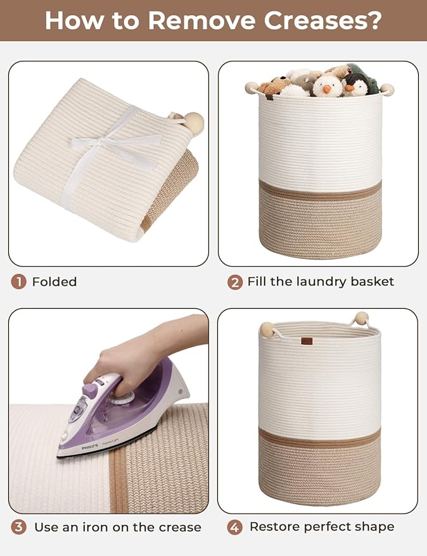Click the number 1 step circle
pos(18,281)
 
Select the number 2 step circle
pos(235,281)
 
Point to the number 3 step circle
pos(18,527)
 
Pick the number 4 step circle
pos(235,527)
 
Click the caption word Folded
pos(54,281)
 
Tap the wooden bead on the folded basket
pos(193,121)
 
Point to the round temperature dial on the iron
pos(120,395)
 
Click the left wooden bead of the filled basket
pos(252,87)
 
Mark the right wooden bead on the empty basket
pos(362,318)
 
